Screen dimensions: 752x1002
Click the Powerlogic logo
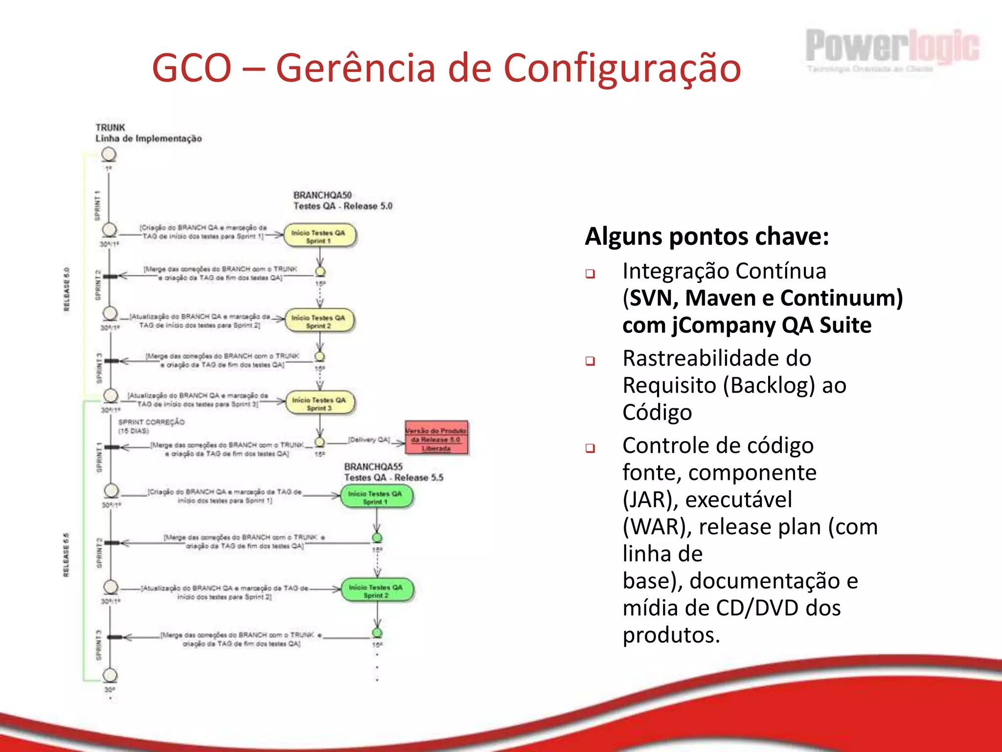click(892, 47)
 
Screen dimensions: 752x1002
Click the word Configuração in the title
click(622, 68)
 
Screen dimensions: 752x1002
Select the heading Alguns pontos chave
click(707, 236)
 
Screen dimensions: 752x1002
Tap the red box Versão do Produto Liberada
click(436, 439)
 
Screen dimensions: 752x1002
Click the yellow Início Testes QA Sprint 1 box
click(319, 236)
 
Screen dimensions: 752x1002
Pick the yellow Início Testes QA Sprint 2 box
click(319, 321)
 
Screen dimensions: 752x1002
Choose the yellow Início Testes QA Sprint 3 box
click(320, 403)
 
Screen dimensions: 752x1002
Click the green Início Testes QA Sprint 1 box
click(376, 497)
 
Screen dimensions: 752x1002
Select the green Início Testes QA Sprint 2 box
click(377, 590)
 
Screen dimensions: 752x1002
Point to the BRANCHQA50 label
click(322, 195)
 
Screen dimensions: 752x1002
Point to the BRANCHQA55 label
click(373, 467)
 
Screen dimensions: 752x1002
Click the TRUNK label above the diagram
click(110, 127)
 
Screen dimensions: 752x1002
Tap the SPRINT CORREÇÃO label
click(152, 422)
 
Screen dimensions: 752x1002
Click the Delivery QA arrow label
click(369, 440)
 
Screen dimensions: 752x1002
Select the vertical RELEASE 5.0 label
click(67, 289)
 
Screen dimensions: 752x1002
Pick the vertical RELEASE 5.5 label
click(67, 555)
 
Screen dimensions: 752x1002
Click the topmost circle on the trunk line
click(109, 155)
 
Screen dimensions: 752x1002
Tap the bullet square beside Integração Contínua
click(590, 274)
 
